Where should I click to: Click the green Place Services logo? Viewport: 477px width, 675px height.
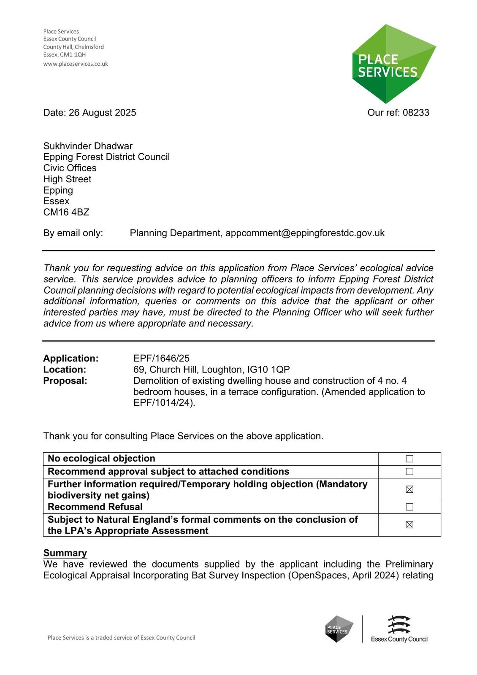click(393, 64)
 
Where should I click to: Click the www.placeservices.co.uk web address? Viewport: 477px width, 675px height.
click(76, 64)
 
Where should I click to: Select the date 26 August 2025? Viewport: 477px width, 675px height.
click(102, 113)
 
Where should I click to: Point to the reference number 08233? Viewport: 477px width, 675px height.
click(416, 113)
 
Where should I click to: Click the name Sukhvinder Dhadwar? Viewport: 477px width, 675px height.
click(88, 146)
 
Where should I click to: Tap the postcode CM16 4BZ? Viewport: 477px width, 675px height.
click(66, 212)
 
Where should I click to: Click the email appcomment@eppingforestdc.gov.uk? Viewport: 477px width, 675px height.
click(305, 233)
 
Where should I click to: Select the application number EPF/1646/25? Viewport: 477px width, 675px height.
click(161, 359)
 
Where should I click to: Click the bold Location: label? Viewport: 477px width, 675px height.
click(65, 370)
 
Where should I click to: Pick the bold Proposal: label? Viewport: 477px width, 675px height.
click(65, 381)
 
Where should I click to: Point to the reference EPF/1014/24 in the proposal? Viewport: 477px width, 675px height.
click(163, 402)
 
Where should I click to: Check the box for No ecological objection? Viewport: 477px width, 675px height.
click(409, 459)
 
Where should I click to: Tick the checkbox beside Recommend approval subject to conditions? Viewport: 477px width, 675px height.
click(409, 472)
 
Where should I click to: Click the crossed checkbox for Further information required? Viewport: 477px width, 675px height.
click(409, 489)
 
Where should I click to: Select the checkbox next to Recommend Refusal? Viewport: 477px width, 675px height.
click(409, 507)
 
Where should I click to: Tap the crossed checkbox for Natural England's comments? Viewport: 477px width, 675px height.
click(409, 525)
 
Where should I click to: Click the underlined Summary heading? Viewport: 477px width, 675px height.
click(65, 553)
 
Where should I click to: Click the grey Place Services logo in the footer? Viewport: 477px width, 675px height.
click(339, 629)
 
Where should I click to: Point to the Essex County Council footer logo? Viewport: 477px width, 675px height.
click(399, 629)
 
